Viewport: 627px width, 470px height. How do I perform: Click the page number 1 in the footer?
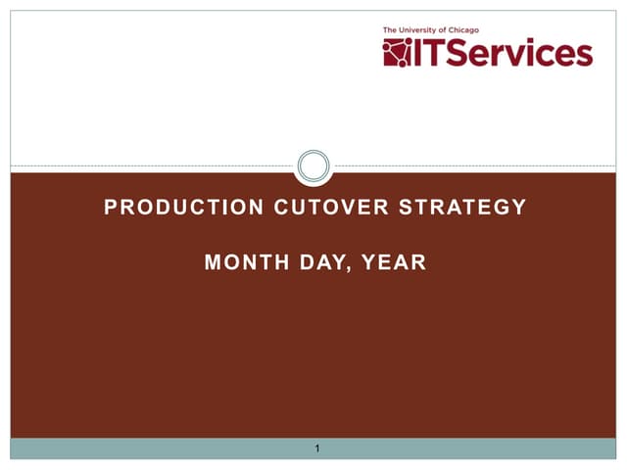coord(317,448)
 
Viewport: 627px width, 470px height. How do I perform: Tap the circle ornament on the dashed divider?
coord(313,165)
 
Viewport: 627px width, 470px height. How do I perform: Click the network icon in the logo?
coord(398,52)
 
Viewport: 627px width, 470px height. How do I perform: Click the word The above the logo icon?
coord(391,30)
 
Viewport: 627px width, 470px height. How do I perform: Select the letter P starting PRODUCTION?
coord(111,208)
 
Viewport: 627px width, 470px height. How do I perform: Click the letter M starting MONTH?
coord(213,262)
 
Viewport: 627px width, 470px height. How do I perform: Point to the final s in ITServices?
coord(585,56)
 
